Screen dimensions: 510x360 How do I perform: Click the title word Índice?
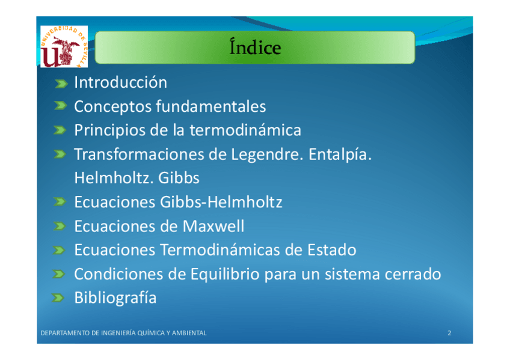(x=255, y=47)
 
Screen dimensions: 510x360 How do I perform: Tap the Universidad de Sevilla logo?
(x=64, y=46)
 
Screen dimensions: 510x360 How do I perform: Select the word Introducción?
(x=121, y=82)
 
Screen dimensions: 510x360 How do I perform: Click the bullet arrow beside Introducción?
(x=61, y=84)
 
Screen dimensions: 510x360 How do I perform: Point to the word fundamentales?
(x=210, y=106)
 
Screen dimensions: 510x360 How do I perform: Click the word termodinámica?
(x=245, y=130)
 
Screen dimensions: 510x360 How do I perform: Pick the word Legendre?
(x=266, y=154)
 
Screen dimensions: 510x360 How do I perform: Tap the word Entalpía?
(x=340, y=154)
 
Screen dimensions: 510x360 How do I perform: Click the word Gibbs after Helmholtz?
(x=179, y=178)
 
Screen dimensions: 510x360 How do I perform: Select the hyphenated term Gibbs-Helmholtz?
(x=221, y=202)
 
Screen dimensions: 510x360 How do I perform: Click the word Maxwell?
(x=214, y=226)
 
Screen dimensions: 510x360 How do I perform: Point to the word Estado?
(x=332, y=250)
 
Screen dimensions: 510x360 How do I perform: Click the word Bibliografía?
(x=115, y=298)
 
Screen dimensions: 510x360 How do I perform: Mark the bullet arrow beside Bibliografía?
(x=58, y=297)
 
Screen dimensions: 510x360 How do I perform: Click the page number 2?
(x=449, y=333)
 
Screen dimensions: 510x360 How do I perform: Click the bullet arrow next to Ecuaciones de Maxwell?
(x=60, y=226)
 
